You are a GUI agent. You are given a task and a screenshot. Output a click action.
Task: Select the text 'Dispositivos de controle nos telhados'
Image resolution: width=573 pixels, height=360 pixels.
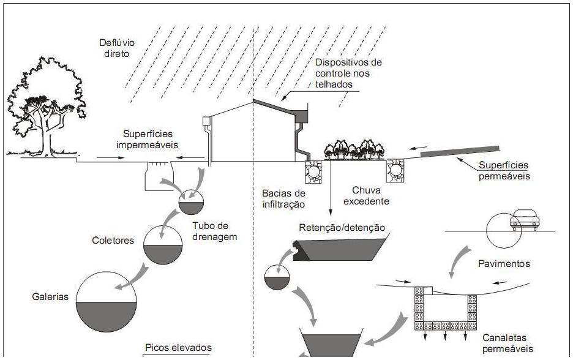[x=347, y=73]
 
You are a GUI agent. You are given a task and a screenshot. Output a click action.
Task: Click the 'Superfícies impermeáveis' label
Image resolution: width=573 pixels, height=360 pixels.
[x=148, y=139]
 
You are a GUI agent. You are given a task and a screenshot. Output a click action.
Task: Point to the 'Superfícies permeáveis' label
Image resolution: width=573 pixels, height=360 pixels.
[x=504, y=170]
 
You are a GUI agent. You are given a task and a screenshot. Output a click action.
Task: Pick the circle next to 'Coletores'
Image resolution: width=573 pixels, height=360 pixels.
[x=163, y=246]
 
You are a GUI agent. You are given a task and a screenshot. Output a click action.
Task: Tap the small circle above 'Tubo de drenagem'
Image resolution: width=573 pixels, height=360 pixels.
[x=194, y=200]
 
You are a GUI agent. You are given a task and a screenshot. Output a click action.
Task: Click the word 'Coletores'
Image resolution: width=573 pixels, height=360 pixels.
[x=113, y=241]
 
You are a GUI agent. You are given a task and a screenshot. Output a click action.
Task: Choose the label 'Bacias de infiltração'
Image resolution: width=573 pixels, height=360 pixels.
[x=283, y=199]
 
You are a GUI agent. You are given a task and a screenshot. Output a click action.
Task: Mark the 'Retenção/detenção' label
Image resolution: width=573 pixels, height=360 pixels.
[x=342, y=228]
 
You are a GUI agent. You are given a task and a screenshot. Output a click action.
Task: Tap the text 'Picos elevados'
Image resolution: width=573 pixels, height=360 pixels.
[x=178, y=348]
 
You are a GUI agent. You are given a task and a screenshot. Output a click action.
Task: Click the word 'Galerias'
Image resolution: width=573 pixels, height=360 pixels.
[x=50, y=297]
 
